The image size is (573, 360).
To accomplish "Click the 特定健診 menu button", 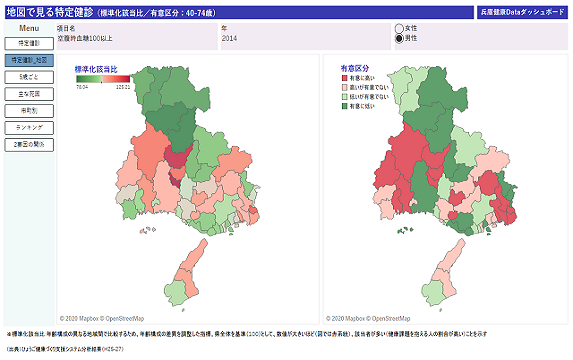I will click(x=29, y=44).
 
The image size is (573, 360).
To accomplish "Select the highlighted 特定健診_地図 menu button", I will click(x=29, y=61).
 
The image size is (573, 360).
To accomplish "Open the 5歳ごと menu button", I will click(x=29, y=77).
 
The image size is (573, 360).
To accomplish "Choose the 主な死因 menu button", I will click(x=29, y=94).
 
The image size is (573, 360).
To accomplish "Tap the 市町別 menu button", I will click(x=29, y=111).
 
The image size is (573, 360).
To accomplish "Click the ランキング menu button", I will click(x=29, y=128).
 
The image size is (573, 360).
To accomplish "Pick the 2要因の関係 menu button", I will click(x=29, y=145).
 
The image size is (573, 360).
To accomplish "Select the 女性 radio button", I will click(x=400, y=29).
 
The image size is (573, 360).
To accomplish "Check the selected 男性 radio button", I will click(x=400, y=39).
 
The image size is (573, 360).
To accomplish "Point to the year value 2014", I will click(x=229, y=37).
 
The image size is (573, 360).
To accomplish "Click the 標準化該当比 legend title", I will click(x=96, y=69).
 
